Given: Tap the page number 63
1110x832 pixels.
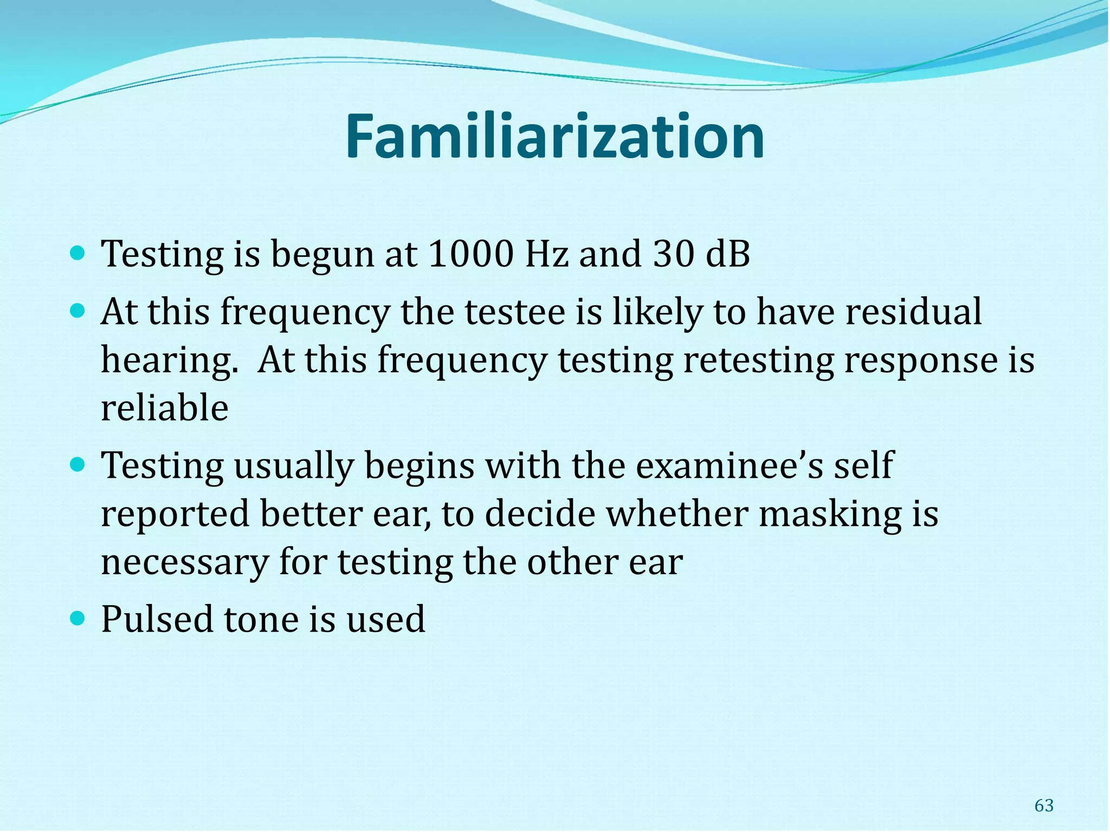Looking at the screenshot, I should click(x=1044, y=805).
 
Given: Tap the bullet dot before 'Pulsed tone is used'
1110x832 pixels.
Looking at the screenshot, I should click(x=78, y=617).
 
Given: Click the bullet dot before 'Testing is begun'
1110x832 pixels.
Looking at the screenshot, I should click(x=78, y=252).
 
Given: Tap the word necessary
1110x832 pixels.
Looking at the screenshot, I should click(x=185, y=562).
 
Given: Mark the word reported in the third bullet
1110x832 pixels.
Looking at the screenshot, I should click(x=175, y=515).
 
